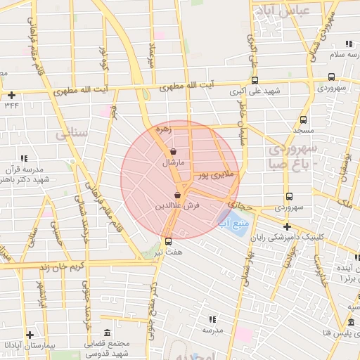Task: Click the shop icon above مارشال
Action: [174, 151]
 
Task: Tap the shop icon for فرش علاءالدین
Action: [177, 195]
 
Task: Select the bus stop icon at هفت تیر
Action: [167, 240]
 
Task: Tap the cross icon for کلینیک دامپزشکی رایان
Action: [287, 226]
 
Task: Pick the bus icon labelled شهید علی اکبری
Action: [254, 79]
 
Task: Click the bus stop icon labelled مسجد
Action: [303, 120]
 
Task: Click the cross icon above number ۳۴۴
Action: [11, 95]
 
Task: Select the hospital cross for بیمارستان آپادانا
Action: [29, 335]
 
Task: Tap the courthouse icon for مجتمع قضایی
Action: [106, 333]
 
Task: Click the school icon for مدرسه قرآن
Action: [23, 159]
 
